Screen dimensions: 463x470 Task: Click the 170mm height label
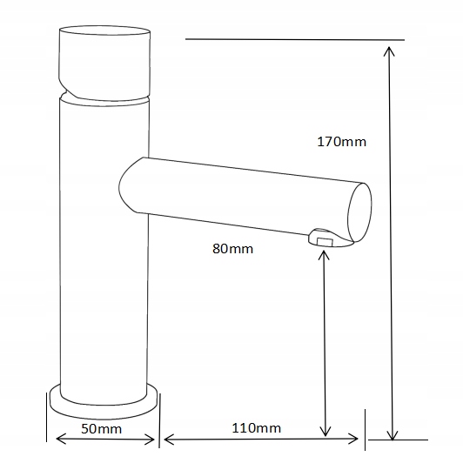pyautogui.click(x=342, y=142)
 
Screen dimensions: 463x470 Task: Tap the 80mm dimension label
pyautogui.click(x=233, y=249)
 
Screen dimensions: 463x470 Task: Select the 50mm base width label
pyautogui.click(x=102, y=429)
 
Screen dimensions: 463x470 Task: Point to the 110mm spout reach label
pyautogui.click(x=257, y=428)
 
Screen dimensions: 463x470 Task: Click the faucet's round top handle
pyautogui.click(x=104, y=63)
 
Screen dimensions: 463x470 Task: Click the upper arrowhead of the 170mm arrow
pyautogui.click(x=389, y=51)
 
